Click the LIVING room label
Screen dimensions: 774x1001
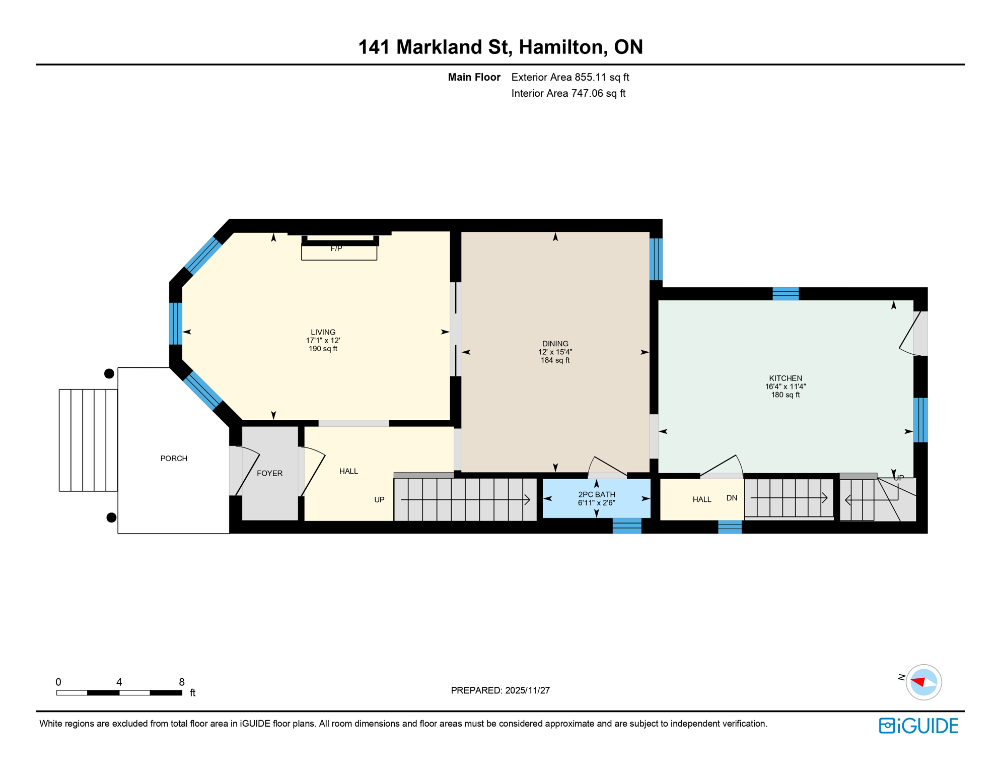pyautogui.click(x=323, y=333)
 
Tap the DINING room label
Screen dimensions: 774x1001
pyautogui.click(x=555, y=344)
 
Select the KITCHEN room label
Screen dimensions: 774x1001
pyautogui.click(x=785, y=378)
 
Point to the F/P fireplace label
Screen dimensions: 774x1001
pyautogui.click(x=336, y=248)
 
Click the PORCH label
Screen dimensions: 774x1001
pyautogui.click(x=174, y=459)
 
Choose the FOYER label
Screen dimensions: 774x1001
pyautogui.click(x=269, y=474)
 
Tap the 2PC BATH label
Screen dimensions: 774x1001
pyautogui.click(x=596, y=495)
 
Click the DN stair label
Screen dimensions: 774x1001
pyautogui.click(x=732, y=498)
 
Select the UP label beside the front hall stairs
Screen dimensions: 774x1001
pyautogui.click(x=379, y=500)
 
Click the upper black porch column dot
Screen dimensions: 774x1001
pyautogui.click(x=109, y=374)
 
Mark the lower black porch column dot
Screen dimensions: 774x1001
pyautogui.click(x=111, y=518)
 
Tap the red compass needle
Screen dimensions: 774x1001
pyautogui.click(x=918, y=682)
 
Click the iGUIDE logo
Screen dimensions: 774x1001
pyautogui.click(x=918, y=726)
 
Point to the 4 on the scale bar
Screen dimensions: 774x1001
pyautogui.click(x=119, y=682)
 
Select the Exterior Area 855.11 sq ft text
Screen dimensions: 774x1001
pyautogui.click(x=570, y=78)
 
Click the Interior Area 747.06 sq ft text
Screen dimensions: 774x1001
pyautogui.click(x=568, y=94)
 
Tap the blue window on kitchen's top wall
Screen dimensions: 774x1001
pyautogui.click(x=785, y=294)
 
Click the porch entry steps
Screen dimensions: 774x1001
pyautogui.click(x=88, y=440)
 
